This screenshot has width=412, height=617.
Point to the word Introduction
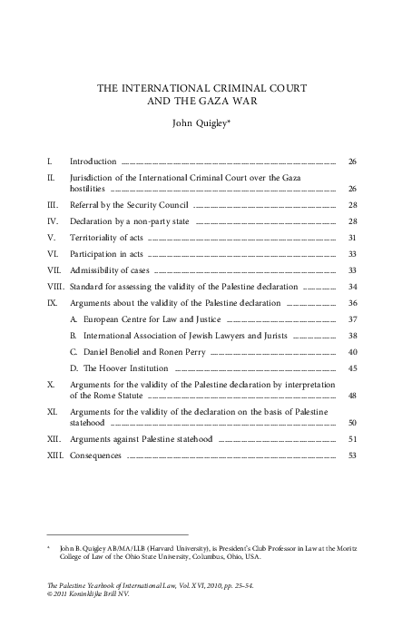click(93, 162)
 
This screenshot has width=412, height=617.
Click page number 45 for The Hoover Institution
click(351, 368)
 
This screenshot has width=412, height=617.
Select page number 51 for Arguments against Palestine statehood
click(351, 438)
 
